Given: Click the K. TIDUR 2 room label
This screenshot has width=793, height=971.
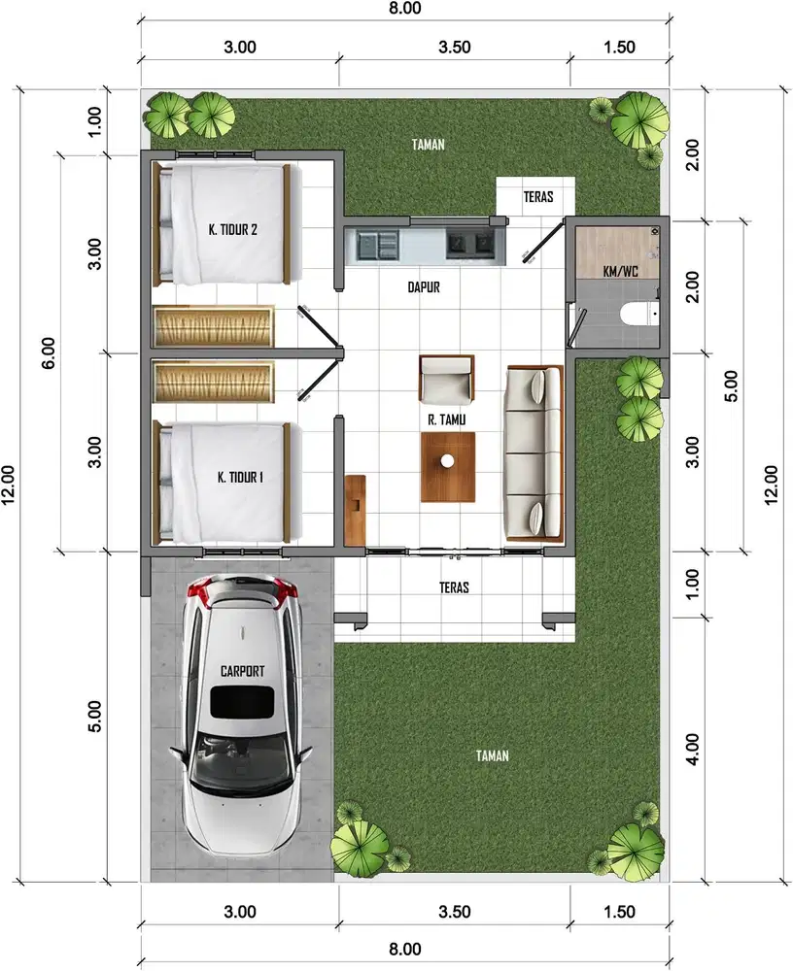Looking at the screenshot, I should point(232,230).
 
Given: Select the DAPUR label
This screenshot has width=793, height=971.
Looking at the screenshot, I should point(424,287).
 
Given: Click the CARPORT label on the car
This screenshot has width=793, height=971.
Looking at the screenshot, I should point(243,671).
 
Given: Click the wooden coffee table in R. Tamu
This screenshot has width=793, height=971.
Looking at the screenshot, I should point(448,466).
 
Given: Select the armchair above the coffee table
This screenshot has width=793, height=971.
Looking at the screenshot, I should point(447,379).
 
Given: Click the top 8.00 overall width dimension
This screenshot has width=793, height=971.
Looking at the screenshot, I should point(404,10).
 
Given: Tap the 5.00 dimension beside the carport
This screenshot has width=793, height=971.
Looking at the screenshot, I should point(94,717).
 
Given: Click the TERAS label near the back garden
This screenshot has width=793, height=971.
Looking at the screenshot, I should point(538,197).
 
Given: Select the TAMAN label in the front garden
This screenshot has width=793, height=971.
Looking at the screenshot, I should point(493,755).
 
